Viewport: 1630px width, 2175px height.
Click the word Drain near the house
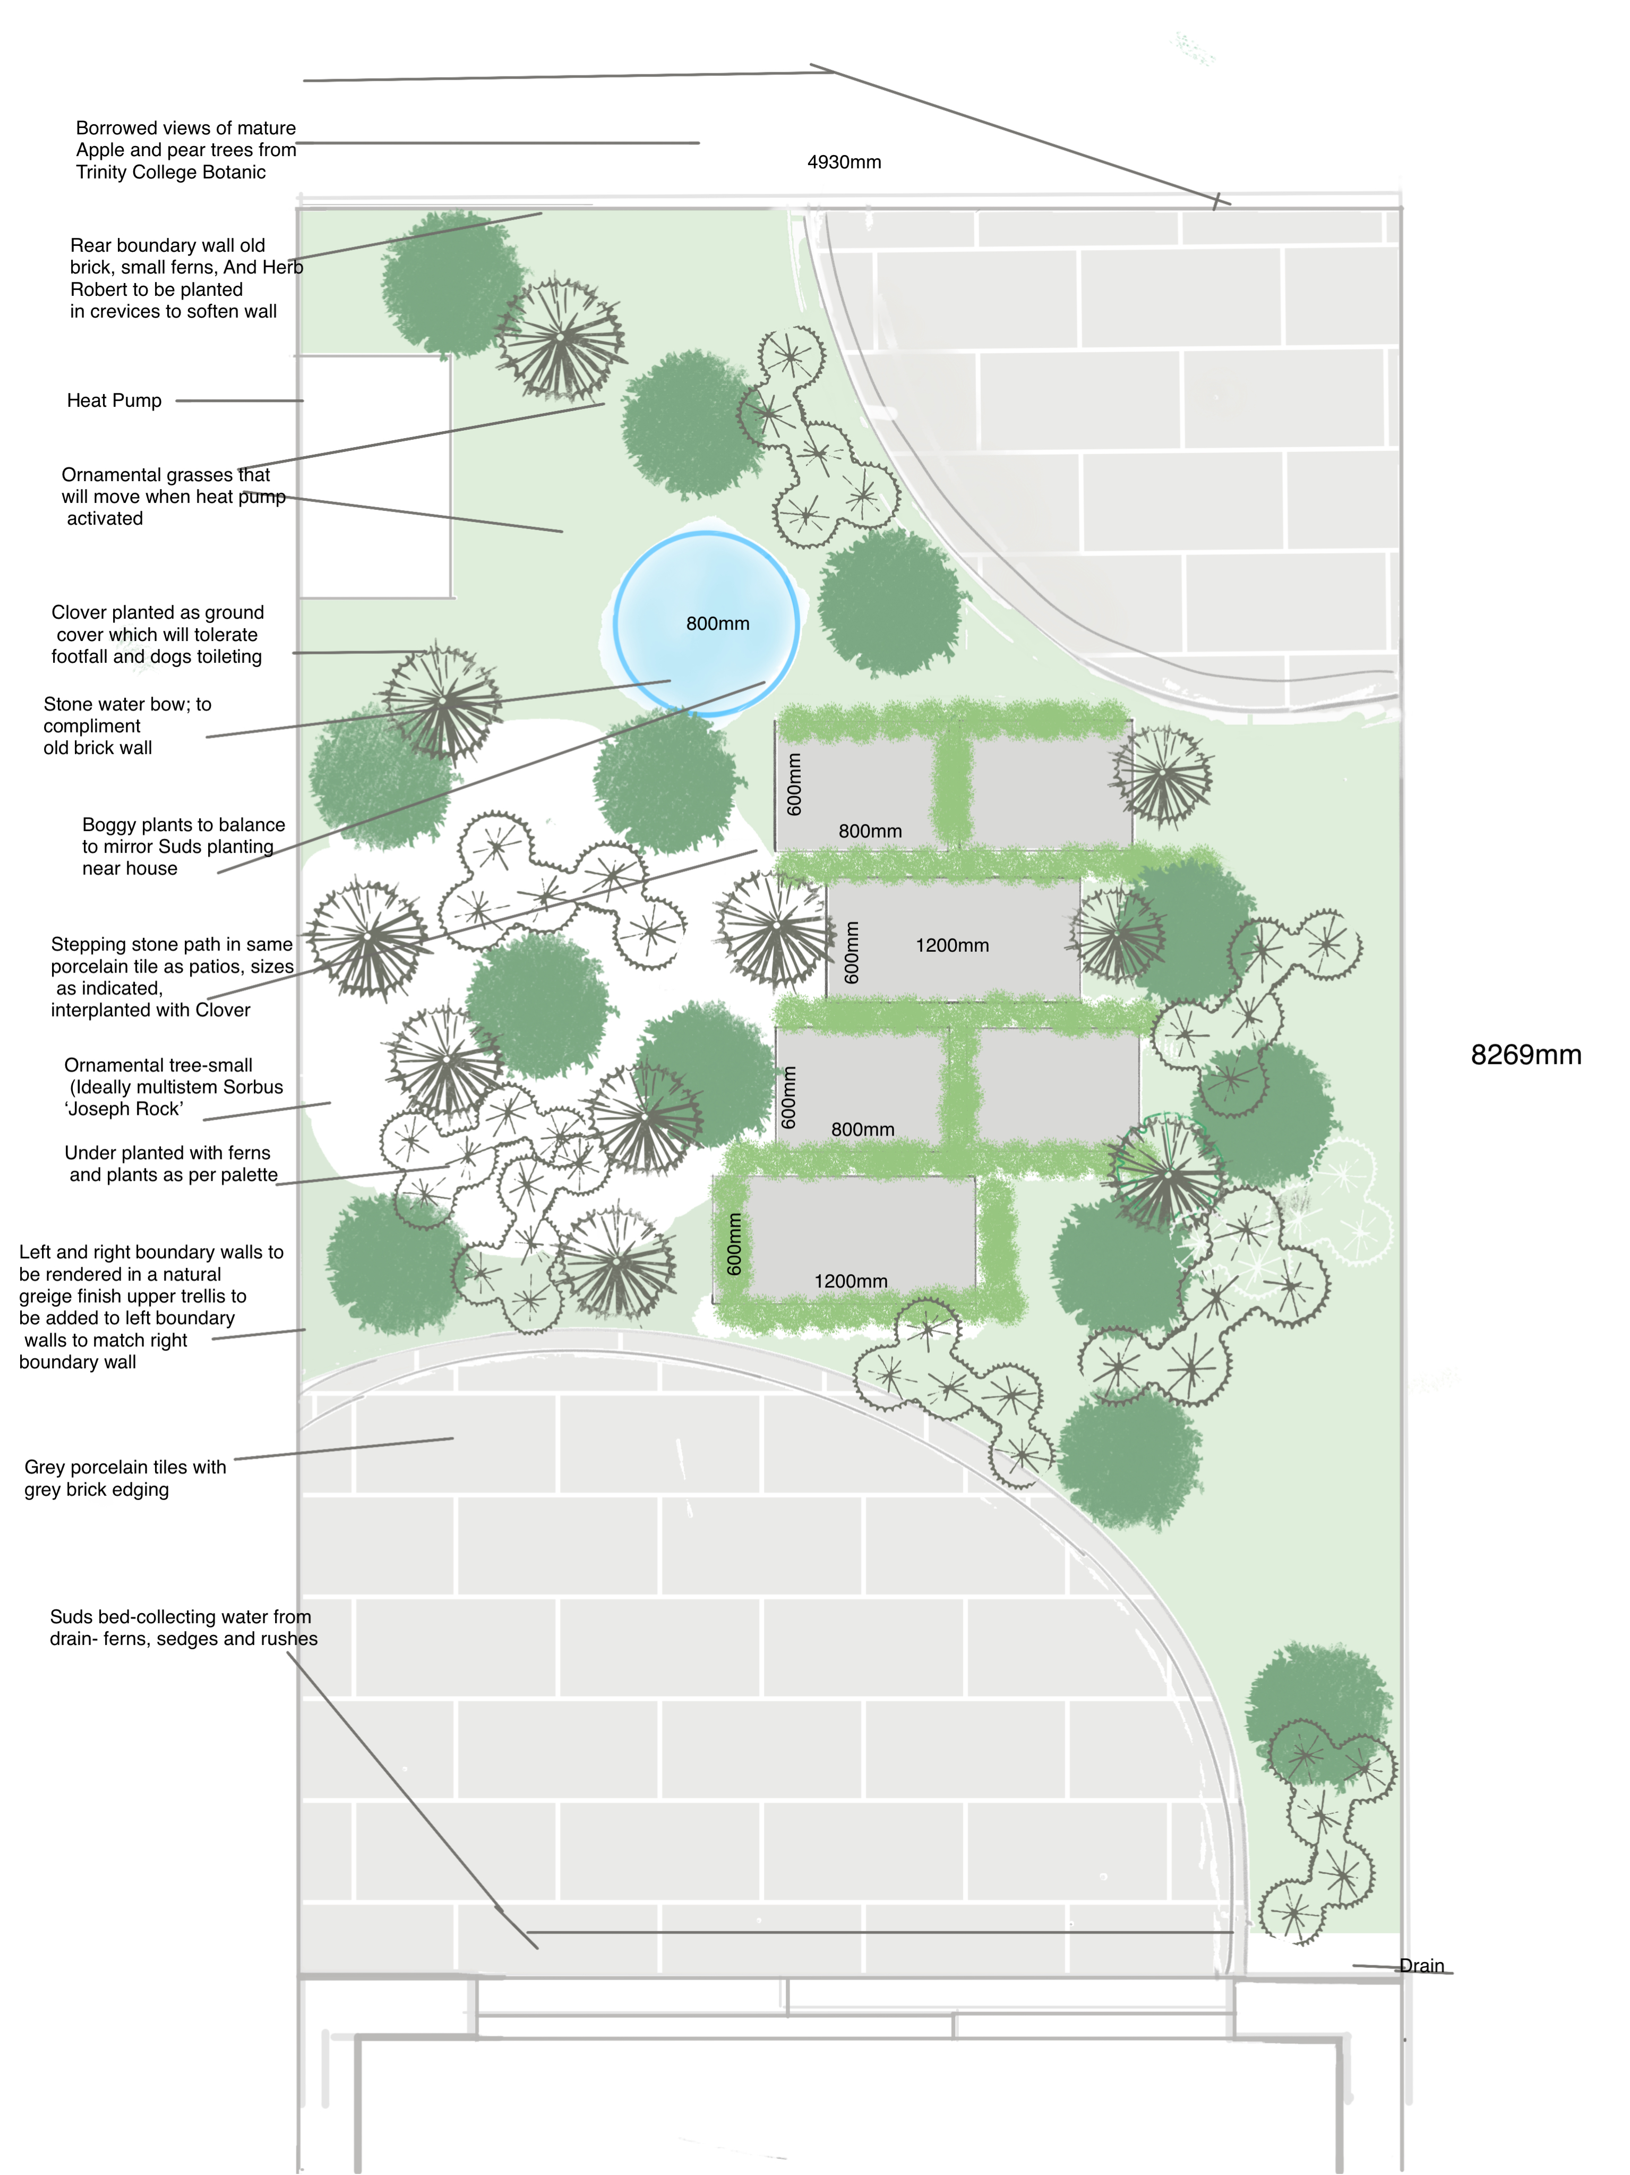pyautogui.click(x=1421, y=1966)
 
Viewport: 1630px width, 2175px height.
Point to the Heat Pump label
pyautogui.click(x=114, y=400)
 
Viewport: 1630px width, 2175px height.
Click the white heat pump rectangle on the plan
pyautogui.click(x=374, y=477)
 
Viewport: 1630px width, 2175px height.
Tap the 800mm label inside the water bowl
pyautogui.click(x=718, y=624)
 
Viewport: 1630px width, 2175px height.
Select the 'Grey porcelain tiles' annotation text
pyautogui.click(x=125, y=1478)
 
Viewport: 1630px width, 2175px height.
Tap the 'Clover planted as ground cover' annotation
pyautogui.click(x=157, y=634)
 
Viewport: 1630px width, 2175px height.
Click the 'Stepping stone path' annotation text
pyautogui.click(x=172, y=976)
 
